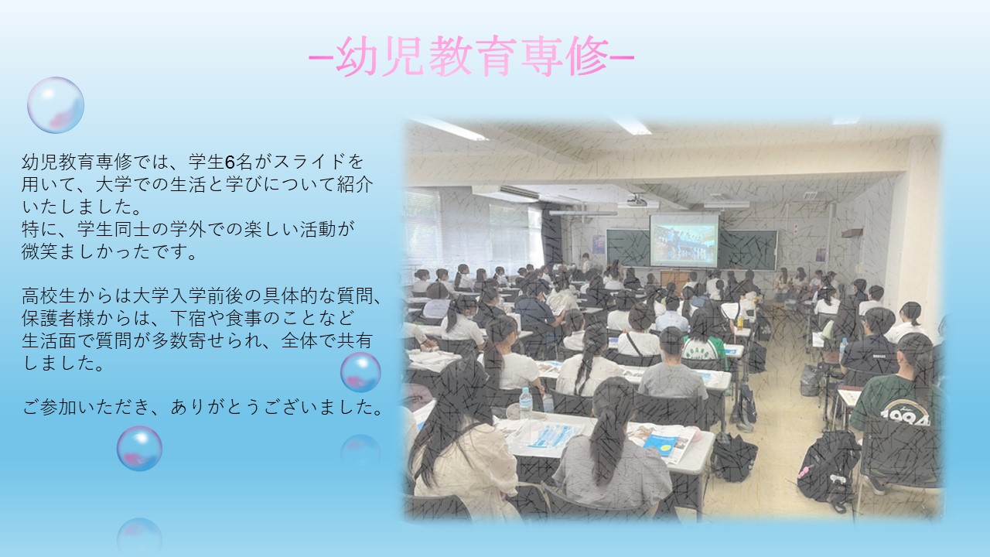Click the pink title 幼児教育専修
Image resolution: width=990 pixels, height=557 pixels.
[x=472, y=56]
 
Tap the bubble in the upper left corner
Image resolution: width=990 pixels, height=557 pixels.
[x=56, y=105]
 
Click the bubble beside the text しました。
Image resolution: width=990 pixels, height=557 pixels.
[x=360, y=372]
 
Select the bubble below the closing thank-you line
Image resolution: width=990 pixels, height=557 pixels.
[x=139, y=448]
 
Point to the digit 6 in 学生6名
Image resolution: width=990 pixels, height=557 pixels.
[x=230, y=162]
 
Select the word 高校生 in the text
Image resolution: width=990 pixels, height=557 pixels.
[x=49, y=296]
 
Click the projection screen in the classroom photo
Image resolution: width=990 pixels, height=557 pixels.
[x=684, y=240]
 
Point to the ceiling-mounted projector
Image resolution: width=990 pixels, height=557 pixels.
[x=637, y=201]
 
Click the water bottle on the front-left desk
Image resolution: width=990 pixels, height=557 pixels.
[x=525, y=403]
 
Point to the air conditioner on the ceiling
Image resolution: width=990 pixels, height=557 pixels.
[x=505, y=193]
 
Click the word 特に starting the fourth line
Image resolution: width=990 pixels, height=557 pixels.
[x=39, y=229]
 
